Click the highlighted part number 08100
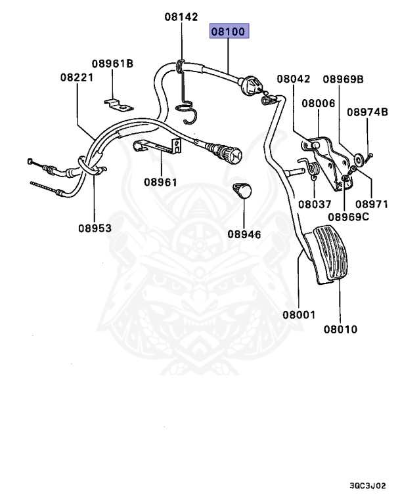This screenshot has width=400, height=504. pos(230,31)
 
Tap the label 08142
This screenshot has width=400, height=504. pos(181,18)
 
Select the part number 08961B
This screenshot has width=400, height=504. pos(112,64)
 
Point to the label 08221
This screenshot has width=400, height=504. pos(77,77)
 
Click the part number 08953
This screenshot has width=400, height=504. pos(95,228)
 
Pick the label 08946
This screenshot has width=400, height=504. pos(244,234)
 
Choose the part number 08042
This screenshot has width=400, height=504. pos(293,79)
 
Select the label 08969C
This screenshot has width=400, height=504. pos(349,217)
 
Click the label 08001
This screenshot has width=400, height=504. pos(299,315)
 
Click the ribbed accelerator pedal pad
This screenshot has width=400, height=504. pos(332,255)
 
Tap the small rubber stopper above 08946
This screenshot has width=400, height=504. pos(242,190)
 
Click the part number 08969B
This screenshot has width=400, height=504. pos(342,79)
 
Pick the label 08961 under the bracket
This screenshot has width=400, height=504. pos(160,182)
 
